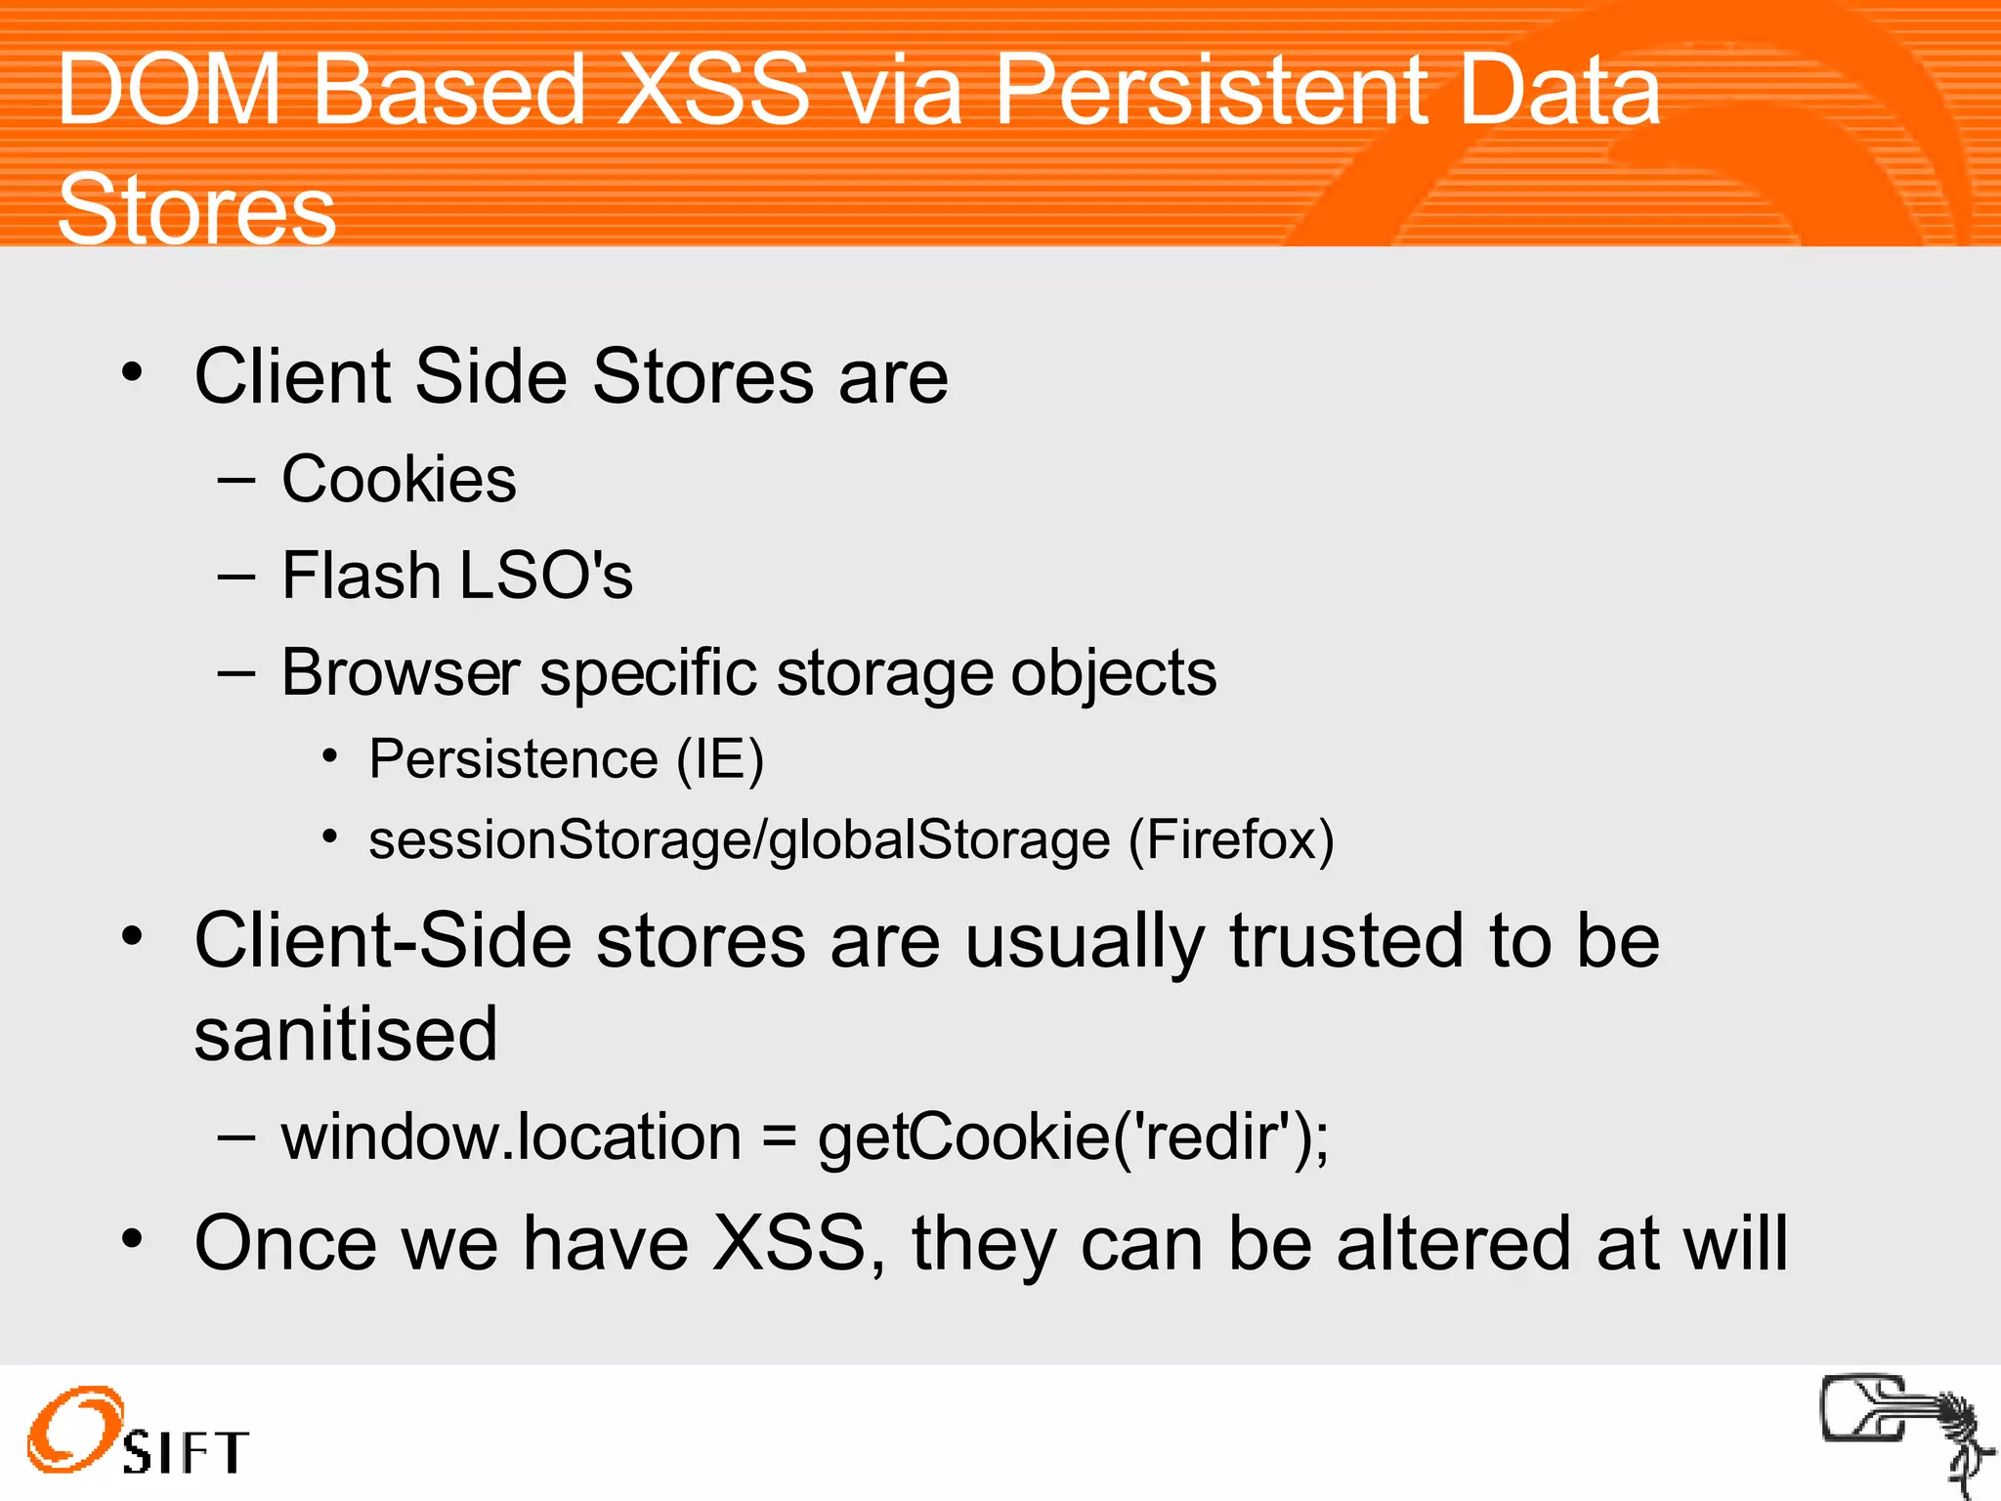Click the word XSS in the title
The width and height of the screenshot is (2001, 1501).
(714, 90)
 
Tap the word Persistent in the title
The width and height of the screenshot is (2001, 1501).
(1212, 90)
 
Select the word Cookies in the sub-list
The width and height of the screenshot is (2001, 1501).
(399, 480)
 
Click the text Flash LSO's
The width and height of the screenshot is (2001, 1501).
(456, 576)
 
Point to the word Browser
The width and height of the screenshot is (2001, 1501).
(401, 673)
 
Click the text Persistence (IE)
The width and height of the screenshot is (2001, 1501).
(566, 759)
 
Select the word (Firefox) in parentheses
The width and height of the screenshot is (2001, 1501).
(1231, 840)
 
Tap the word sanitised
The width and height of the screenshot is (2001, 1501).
(346, 1034)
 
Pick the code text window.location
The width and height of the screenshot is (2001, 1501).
(511, 1137)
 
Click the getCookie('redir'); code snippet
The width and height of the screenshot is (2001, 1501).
(1073, 1138)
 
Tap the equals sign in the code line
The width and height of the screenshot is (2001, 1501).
(779, 1139)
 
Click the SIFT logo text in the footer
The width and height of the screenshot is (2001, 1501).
(186, 1452)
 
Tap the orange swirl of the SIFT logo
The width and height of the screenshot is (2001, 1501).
(73, 1428)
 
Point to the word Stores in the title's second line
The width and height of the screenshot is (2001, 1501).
(196, 209)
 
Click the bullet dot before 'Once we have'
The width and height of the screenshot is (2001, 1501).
(132, 1239)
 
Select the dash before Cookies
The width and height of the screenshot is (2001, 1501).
(235, 481)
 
